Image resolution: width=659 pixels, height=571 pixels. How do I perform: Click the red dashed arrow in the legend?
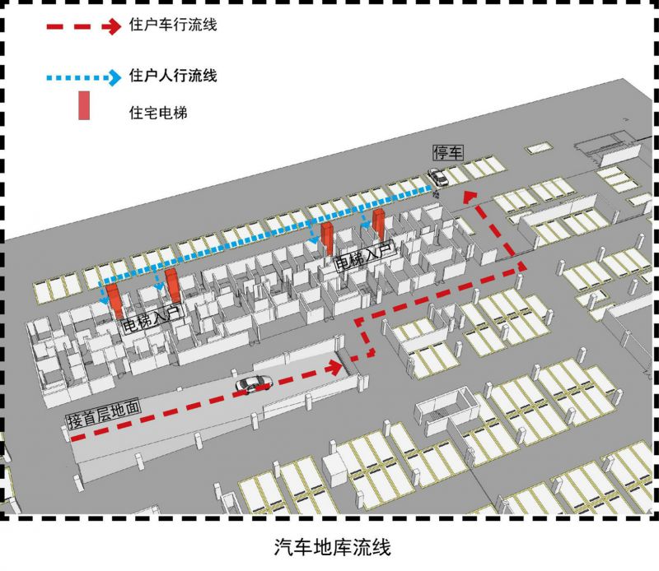click(82, 26)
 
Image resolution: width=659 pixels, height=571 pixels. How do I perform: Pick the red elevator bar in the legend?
click(84, 105)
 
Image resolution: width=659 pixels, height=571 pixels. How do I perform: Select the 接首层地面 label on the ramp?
click(105, 413)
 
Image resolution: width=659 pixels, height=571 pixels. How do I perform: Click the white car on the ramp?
click(253, 383)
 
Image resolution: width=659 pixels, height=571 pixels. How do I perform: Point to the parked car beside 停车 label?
click(437, 176)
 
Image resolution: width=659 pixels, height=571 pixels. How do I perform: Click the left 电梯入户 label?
click(151, 318)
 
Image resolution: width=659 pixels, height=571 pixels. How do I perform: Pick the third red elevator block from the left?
click(327, 238)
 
